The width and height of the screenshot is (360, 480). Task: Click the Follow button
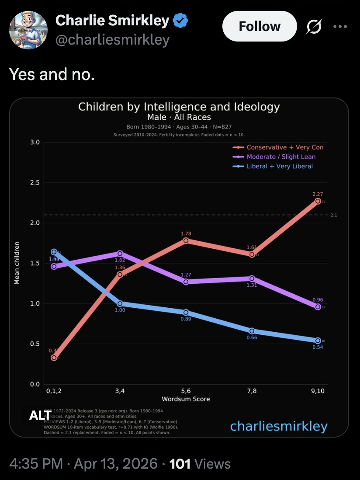[x=260, y=26]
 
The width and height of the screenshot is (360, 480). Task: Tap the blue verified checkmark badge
[x=180, y=20]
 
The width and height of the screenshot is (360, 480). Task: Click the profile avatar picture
[x=28, y=30]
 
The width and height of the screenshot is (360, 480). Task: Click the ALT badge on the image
[x=40, y=415]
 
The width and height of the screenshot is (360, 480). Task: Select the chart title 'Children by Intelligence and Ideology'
[x=179, y=107]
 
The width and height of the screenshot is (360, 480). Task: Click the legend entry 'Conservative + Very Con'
[x=285, y=147]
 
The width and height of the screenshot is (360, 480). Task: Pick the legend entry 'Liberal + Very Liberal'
[x=280, y=166]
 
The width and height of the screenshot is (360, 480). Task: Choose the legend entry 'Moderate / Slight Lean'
[x=281, y=157]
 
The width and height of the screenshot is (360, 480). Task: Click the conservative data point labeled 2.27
[x=318, y=201]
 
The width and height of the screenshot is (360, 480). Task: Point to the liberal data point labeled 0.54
[x=318, y=341]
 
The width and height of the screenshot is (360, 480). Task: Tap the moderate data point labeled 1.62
[x=120, y=254]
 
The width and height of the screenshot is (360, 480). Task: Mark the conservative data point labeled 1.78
[x=186, y=240]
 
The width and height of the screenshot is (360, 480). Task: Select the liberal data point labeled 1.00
[x=120, y=303]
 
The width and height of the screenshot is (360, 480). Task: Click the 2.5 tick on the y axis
[x=35, y=183]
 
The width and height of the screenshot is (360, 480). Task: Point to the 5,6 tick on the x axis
[x=186, y=391]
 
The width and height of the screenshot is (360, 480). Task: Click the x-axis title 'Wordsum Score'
[x=186, y=399]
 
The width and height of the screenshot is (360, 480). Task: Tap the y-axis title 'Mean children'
[x=17, y=263]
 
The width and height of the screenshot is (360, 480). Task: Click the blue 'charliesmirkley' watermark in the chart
[x=279, y=426]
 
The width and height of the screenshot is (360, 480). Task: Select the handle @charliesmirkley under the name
[x=112, y=40]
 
